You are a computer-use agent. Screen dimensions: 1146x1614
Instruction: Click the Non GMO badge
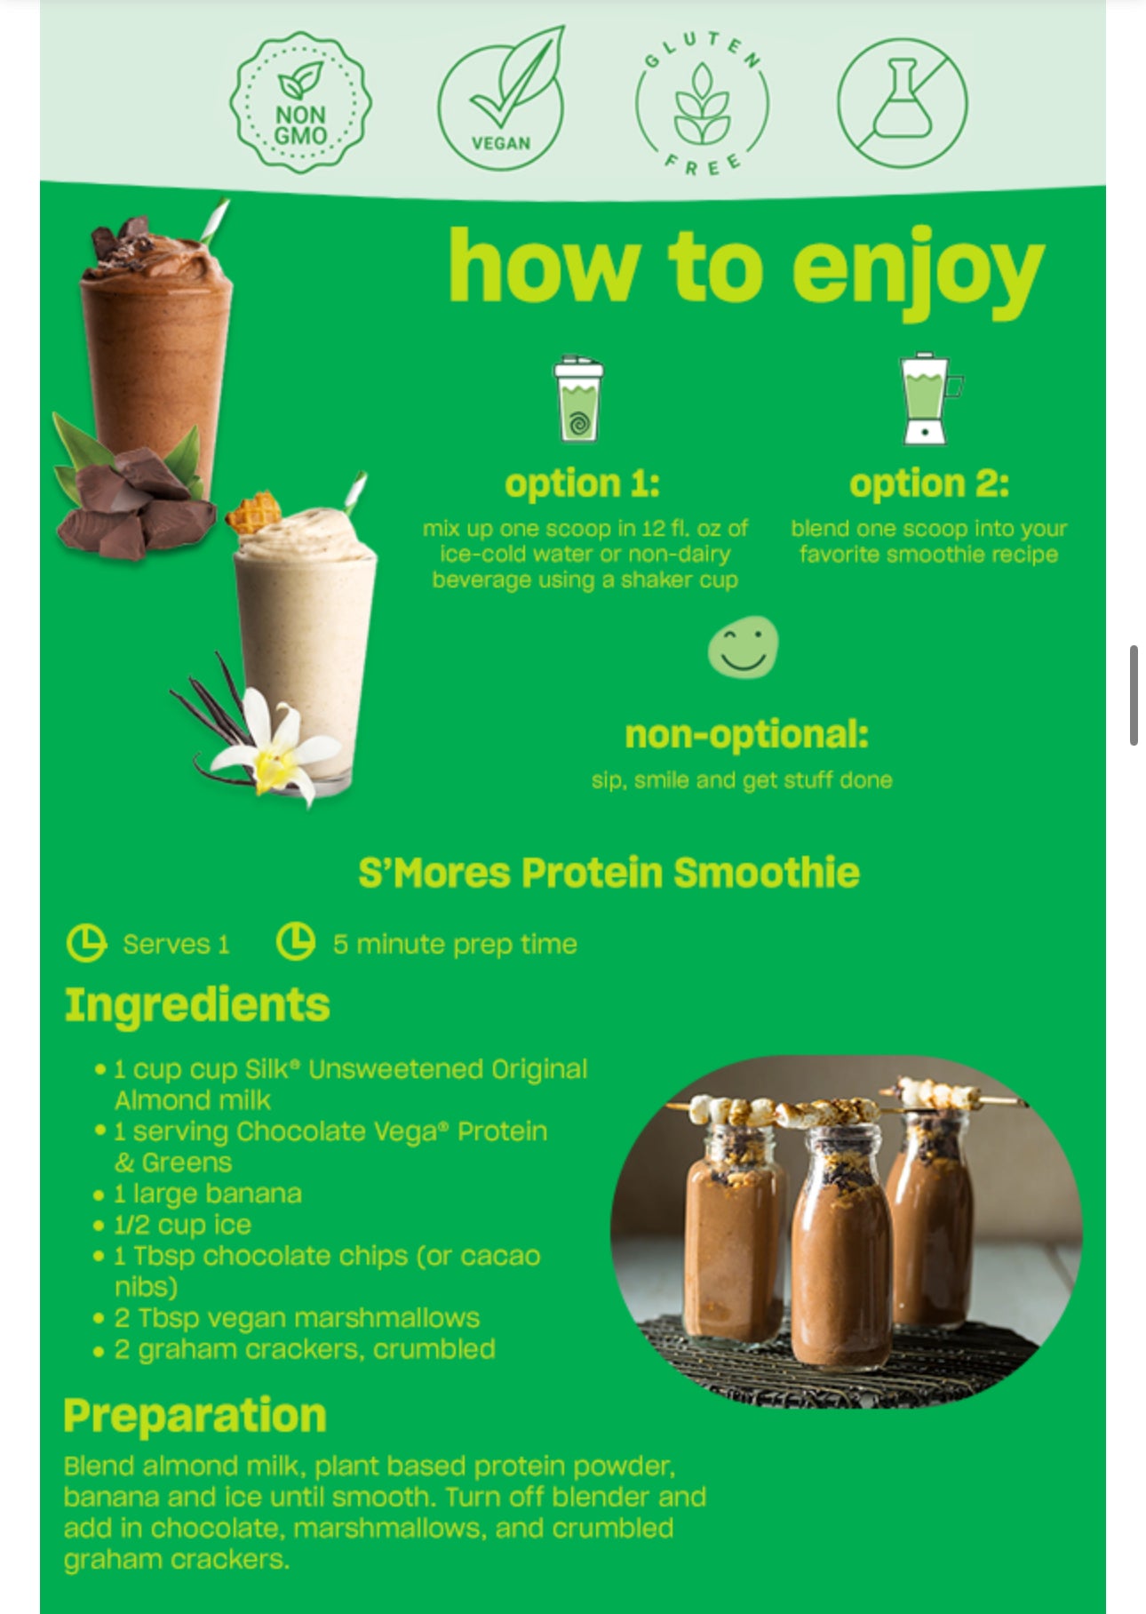(x=300, y=103)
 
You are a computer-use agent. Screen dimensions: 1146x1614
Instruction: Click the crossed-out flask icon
(x=902, y=102)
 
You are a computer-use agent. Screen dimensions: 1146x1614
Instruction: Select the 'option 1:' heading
(x=582, y=483)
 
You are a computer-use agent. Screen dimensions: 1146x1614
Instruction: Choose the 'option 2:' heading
(x=929, y=483)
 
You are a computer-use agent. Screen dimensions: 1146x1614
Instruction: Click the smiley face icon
(x=743, y=648)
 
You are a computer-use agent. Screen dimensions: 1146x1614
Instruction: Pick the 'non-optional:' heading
(x=746, y=734)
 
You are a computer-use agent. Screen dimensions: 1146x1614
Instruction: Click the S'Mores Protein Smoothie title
(x=609, y=872)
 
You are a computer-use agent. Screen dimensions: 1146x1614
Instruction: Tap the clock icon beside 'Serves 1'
(x=86, y=943)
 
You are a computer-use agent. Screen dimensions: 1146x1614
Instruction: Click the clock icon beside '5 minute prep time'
(x=296, y=942)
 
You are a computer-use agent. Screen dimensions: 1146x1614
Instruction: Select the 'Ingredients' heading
(x=197, y=1006)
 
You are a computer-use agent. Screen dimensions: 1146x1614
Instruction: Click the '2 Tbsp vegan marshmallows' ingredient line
(x=286, y=1318)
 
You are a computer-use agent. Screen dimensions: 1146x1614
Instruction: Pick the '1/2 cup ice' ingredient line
(x=172, y=1225)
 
